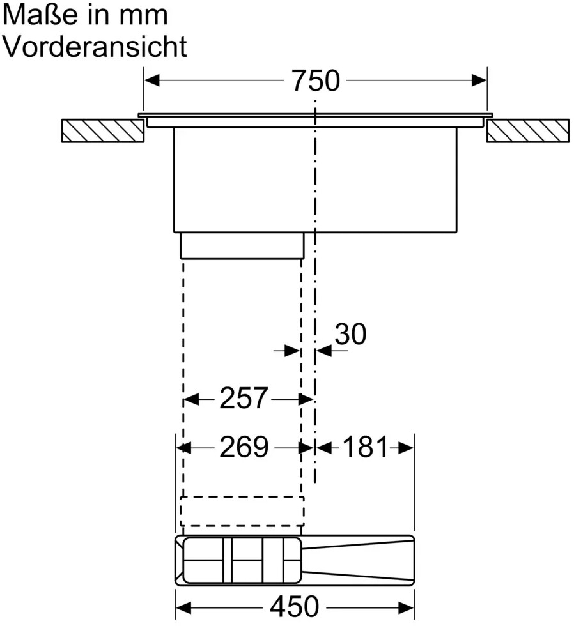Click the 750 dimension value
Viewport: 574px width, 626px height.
tap(315, 81)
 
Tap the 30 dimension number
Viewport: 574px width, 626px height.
tap(350, 334)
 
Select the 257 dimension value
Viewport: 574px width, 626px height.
tap(243, 399)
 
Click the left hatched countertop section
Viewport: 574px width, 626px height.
tap(102, 131)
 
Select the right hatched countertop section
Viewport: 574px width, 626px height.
tap(527, 131)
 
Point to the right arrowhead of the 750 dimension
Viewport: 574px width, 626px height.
tap(479, 80)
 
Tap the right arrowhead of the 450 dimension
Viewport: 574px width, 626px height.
tap(407, 606)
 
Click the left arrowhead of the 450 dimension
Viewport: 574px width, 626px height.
tap(183, 606)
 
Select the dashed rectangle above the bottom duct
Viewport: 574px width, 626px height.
tap(242, 510)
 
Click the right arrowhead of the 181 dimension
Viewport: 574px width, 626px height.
tap(407, 448)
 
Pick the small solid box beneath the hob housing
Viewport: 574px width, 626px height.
tap(242, 245)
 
